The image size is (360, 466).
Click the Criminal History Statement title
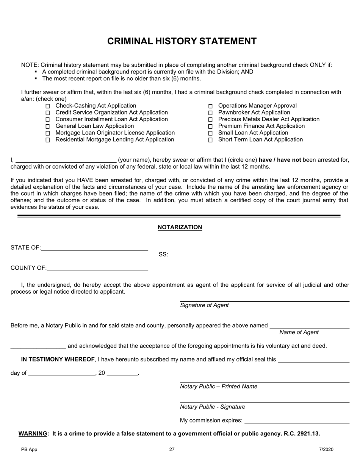point(182,41)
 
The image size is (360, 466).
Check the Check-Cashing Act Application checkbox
point(48,106)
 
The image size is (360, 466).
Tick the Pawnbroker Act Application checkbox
point(211,113)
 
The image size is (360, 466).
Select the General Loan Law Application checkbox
point(48,127)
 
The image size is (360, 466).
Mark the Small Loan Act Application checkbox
point(211,133)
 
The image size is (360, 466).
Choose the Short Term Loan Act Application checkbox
point(211,140)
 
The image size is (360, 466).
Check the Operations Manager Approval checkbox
point(211,106)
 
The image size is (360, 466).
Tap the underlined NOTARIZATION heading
point(180,227)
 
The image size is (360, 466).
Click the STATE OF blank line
point(94,249)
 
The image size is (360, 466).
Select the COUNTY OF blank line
point(97,269)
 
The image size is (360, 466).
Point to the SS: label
point(163,255)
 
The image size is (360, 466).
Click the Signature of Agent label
point(204,305)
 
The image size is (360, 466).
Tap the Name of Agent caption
point(299,332)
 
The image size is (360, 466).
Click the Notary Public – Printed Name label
point(219,386)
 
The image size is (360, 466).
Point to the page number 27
point(172,450)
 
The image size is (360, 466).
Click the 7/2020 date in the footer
point(326,450)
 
